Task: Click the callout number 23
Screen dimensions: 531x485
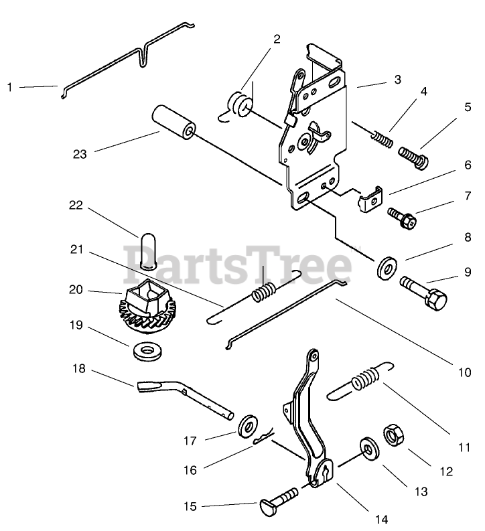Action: click(80, 154)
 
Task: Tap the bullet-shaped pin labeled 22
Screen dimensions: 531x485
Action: click(148, 249)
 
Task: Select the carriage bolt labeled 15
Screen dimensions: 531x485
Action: click(276, 499)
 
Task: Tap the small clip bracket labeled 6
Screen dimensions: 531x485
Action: click(370, 200)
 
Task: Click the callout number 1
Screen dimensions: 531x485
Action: click(10, 86)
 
